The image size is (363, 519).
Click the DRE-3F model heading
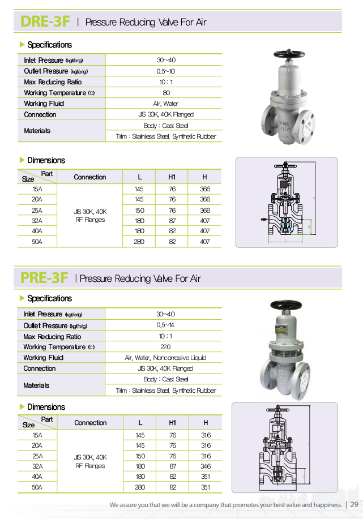(x=45, y=22)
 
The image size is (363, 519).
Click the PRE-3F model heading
(x=44, y=278)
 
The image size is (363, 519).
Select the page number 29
(x=355, y=504)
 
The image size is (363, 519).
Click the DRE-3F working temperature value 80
(x=166, y=93)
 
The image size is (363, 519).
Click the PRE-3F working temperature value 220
(x=165, y=347)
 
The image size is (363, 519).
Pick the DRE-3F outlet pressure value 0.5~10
(x=166, y=71)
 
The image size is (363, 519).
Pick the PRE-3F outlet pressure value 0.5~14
(x=165, y=325)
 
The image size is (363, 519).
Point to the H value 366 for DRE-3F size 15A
(x=205, y=189)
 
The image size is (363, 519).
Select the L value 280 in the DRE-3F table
(x=140, y=242)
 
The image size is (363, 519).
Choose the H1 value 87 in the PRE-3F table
(x=173, y=466)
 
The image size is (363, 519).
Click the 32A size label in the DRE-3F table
(x=37, y=221)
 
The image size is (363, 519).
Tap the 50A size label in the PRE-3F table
(x=37, y=487)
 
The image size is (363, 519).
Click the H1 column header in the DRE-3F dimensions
(x=172, y=177)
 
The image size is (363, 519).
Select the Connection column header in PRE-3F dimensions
(x=90, y=423)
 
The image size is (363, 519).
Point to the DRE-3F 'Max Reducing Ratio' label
(x=53, y=82)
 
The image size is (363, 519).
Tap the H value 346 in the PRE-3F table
(x=206, y=466)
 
